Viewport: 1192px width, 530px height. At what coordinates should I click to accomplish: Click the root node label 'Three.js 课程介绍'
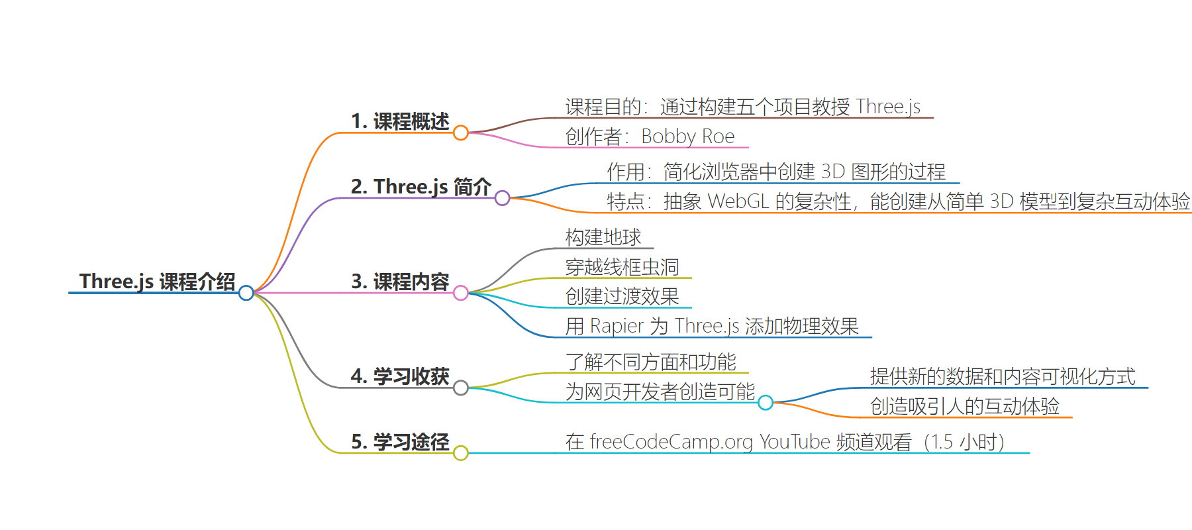(158, 282)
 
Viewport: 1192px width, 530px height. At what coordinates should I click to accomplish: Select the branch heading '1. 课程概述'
(400, 121)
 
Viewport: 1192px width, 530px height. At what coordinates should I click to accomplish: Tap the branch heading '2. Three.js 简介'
(421, 187)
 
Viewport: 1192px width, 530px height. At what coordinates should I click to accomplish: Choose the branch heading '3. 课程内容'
(400, 282)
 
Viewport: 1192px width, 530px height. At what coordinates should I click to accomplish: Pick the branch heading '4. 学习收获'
(400, 376)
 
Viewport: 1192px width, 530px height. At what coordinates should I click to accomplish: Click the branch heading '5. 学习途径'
(400, 442)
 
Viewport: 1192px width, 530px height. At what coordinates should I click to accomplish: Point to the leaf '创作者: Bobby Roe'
(650, 136)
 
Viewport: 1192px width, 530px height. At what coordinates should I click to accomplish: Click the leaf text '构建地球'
(603, 237)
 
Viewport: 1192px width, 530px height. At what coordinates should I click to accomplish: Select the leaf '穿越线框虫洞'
(622, 267)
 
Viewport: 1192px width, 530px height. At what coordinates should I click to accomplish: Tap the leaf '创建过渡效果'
(622, 296)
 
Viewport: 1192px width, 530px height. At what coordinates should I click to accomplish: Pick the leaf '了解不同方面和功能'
(651, 362)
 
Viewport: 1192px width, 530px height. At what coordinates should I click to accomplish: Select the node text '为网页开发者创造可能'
(660, 392)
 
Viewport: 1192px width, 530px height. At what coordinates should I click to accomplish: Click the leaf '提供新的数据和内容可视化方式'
(1003, 376)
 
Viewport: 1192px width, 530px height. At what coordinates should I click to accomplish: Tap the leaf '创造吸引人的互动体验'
(965, 406)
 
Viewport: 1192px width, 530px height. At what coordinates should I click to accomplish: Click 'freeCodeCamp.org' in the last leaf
(671, 442)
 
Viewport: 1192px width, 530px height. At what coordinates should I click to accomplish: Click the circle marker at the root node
(246, 293)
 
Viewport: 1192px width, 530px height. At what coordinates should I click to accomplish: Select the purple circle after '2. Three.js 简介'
(503, 198)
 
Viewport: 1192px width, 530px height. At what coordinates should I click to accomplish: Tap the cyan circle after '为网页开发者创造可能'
(766, 403)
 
